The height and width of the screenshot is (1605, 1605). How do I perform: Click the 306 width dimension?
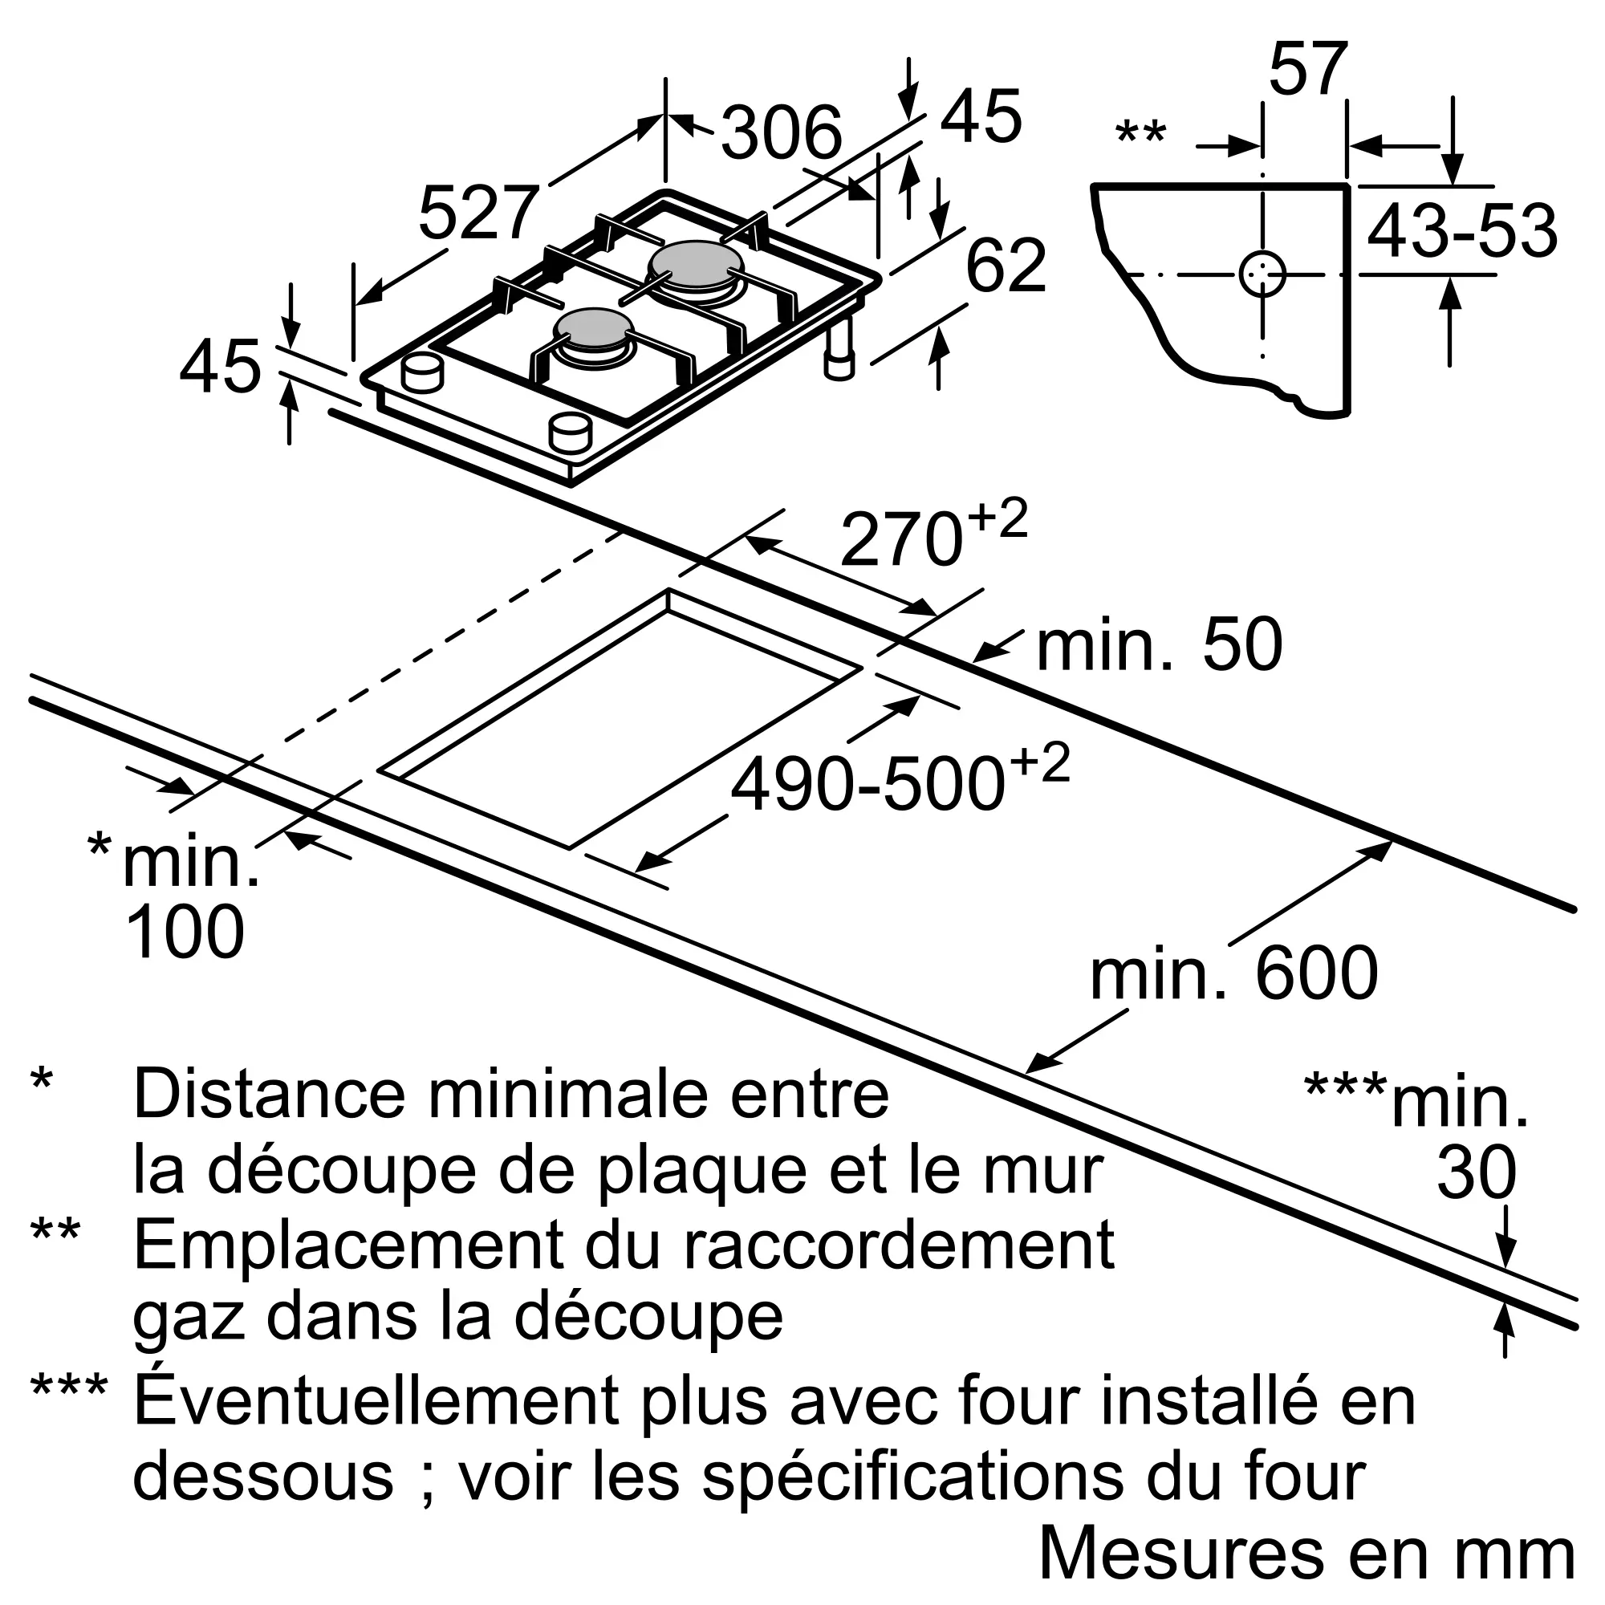tap(782, 133)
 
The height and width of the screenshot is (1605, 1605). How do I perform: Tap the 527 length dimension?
tap(479, 213)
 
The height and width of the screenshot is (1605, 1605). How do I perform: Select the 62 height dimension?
tap(1006, 266)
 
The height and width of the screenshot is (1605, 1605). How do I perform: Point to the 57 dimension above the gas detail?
tap(1306, 69)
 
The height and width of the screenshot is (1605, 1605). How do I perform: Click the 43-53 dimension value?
tap(1462, 231)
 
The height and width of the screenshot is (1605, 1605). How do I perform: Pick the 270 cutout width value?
tap(901, 539)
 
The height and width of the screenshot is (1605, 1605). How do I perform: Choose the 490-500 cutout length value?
tap(868, 784)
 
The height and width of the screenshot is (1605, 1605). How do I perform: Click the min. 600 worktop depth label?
tap(1233, 973)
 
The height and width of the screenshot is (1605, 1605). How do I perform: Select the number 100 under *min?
tap(185, 931)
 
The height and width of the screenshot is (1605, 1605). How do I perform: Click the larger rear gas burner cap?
tap(693, 262)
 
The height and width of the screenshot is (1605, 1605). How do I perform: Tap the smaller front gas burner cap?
tap(595, 328)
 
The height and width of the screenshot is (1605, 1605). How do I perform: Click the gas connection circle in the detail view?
tap(1262, 274)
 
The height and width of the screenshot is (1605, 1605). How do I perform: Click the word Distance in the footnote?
tap(270, 1095)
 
